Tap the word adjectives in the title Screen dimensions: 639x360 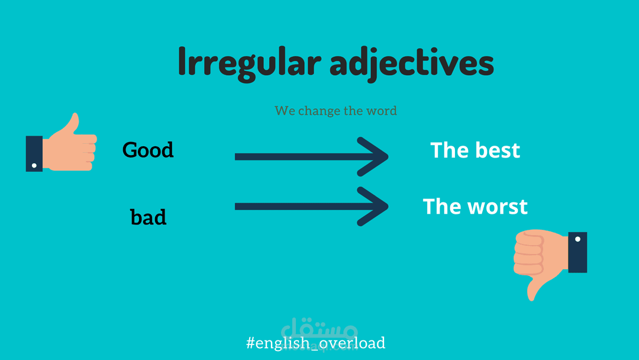(x=412, y=63)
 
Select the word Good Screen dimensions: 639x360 (x=148, y=150)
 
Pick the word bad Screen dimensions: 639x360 (x=149, y=217)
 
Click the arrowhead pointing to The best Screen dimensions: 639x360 (x=373, y=156)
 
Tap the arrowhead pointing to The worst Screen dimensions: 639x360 (x=373, y=206)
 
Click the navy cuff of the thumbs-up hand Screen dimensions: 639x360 (x=34, y=154)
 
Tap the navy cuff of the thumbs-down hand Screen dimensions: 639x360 (x=577, y=252)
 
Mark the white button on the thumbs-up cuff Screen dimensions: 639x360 (x=34, y=166)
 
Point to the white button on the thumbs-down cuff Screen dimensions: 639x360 (x=577, y=239)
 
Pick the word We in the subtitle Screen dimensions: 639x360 (x=285, y=111)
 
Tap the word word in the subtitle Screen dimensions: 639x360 (x=382, y=111)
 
